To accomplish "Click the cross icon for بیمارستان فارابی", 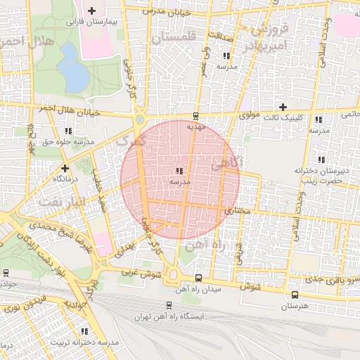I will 92,11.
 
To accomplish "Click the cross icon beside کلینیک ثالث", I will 283,107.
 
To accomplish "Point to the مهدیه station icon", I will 195,117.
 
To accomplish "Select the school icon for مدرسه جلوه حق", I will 68,131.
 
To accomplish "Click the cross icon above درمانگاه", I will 65,168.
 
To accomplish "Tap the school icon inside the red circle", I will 180,170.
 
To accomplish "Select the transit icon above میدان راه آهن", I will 198,278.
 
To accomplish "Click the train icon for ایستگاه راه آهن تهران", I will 169,305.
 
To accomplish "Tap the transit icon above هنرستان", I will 294,295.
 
